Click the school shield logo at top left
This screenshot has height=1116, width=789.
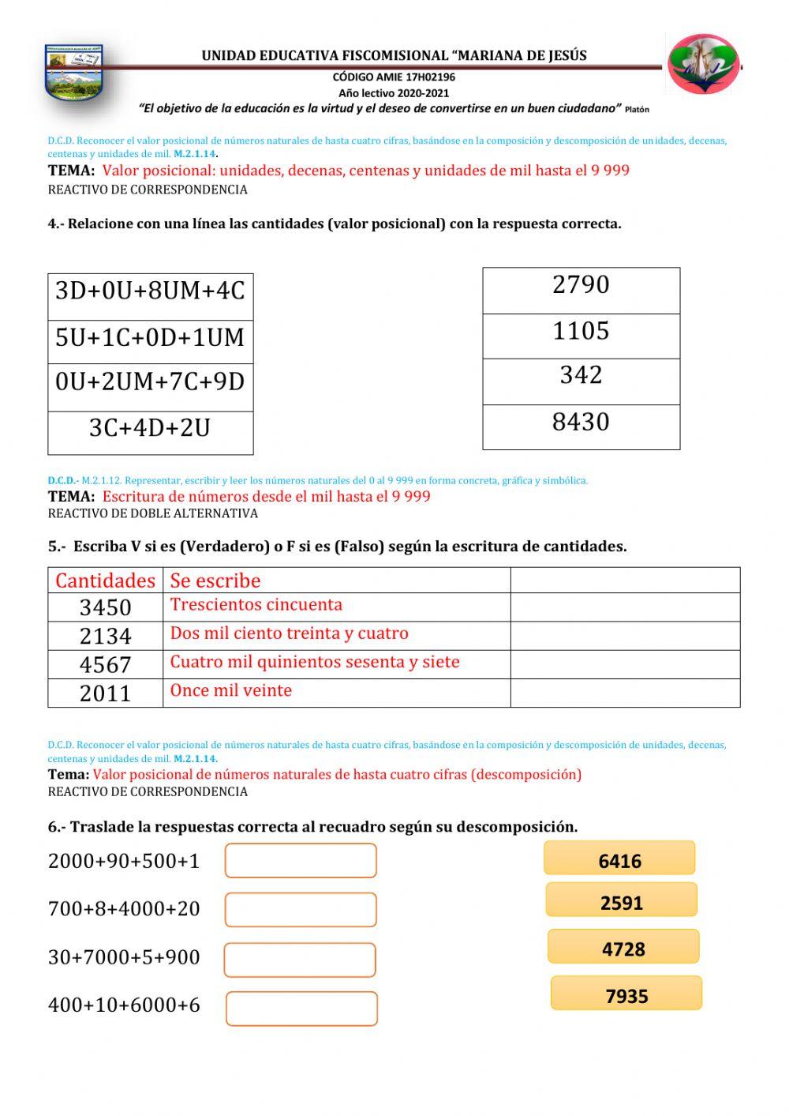click(74, 73)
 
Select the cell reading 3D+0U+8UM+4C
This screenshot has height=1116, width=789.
click(150, 291)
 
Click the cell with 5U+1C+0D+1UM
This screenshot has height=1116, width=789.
click(150, 338)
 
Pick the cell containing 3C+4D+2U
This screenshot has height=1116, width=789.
click(150, 428)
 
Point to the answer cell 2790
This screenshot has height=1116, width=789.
click(581, 285)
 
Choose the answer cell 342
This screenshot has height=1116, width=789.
click(581, 376)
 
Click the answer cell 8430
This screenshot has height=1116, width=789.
click(581, 423)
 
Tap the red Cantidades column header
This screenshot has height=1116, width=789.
click(105, 581)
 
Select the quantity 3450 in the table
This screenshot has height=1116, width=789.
click(105, 607)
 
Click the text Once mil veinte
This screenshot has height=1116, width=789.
click(231, 690)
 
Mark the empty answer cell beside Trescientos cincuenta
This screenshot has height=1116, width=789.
click(625, 607)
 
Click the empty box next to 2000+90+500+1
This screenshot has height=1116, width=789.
click(301, 861)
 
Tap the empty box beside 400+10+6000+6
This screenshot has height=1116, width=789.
click(301, 1009)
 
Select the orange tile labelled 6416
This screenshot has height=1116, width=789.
click(619, 859)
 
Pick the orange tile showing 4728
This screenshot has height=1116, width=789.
click(623, 947)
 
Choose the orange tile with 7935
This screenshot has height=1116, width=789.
click(626, 994)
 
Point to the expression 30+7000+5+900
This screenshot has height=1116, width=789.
click(124, 957)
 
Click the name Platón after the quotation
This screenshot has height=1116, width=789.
click(637, 110)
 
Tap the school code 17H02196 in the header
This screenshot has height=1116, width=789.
click(431, 77)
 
